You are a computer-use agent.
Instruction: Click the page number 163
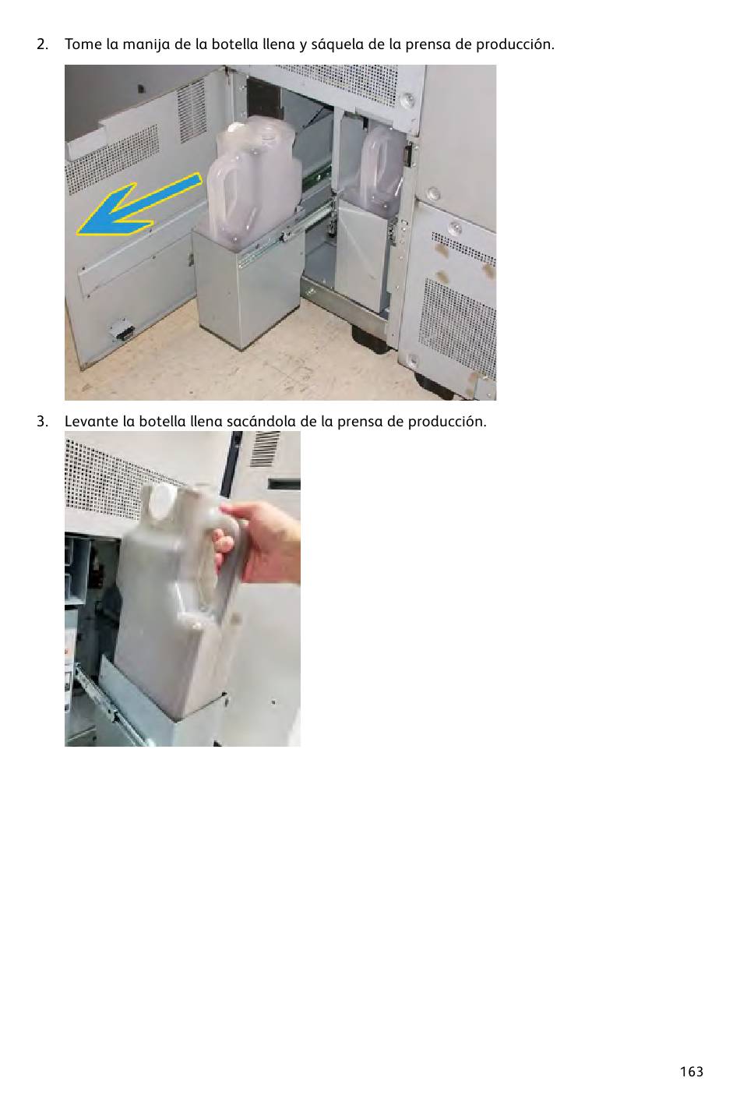pos(691,1071)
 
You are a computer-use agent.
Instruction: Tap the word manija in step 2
pos(146,45)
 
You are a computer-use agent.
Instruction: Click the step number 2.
pos(42,44)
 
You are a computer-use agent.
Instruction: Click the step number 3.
pos(42,422)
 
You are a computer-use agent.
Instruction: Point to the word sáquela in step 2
pos(337,45)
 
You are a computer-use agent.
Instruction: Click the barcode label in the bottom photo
pos(265,449)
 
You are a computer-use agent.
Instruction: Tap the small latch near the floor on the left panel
pos(122,330)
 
